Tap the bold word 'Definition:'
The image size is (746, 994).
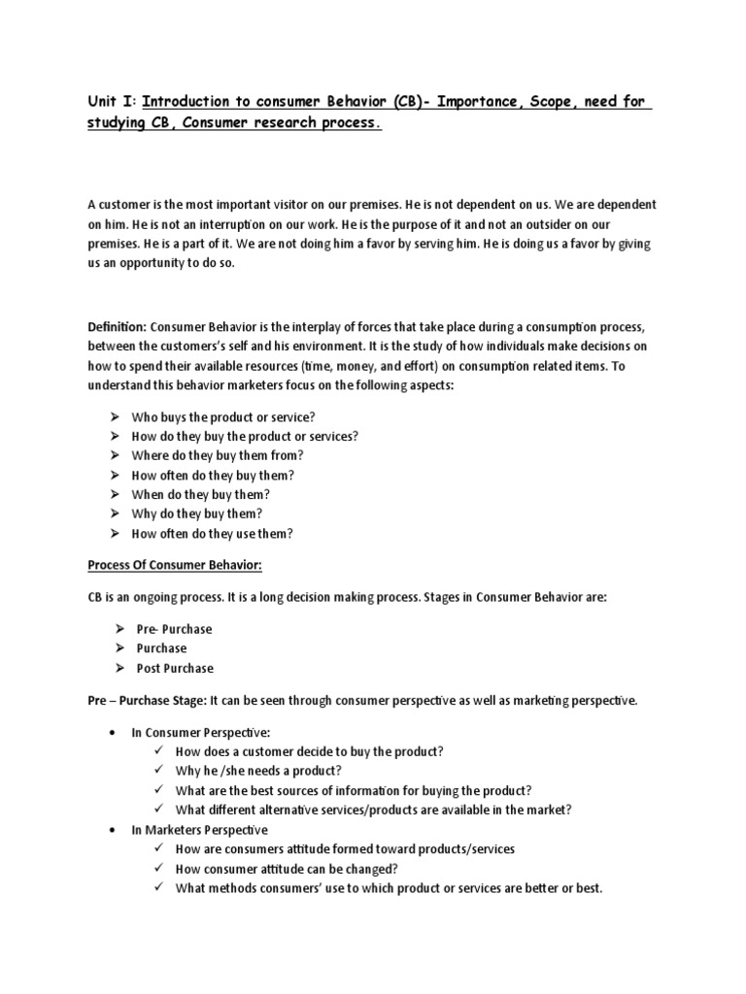118,329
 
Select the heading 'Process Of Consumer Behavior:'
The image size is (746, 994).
175,566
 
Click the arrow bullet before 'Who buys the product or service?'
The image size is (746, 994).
115,416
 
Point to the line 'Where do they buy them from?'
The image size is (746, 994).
218,455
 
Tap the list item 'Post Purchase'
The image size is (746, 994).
175,668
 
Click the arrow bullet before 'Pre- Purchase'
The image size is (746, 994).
119,629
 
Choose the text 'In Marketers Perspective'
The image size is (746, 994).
200,830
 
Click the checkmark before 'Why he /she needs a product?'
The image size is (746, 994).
158,771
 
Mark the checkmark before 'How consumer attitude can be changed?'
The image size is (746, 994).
158,869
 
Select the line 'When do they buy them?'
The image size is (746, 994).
201,494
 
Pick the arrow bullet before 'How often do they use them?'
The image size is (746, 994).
115,533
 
